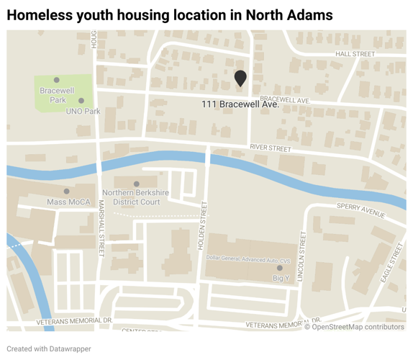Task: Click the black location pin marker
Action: point(240,78)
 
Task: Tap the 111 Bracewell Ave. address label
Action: point(240,105)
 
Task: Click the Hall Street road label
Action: point(355,54)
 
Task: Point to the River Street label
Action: point(270,148)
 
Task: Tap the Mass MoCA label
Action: point(69,202)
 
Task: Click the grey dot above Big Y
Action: point(280,268)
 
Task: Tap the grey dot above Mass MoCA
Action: point(67,192)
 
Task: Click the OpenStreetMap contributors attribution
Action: point(354,327)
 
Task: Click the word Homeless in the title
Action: point(38,14)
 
